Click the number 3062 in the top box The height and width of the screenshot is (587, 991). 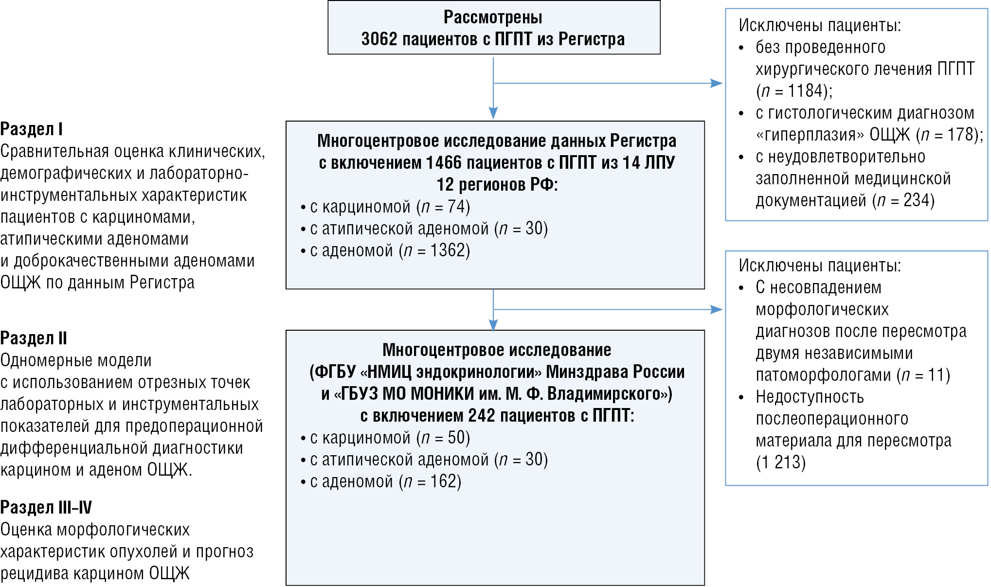click(x=379, y=39)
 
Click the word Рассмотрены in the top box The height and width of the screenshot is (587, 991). click(x=493, y=18)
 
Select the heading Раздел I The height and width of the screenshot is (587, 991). click(x=32, y=129)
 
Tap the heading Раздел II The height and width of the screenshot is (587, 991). click(x=34, y=338)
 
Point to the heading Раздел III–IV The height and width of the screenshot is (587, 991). click(x=46, y=508)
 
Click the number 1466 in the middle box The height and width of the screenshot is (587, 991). click(x=443, y=162)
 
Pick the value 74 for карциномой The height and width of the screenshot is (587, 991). click(x=457, y=207)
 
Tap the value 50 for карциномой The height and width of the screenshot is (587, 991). click(x=457, y=438)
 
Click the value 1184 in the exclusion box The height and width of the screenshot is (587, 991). click(x=808, y=91)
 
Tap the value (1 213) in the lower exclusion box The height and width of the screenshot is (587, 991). click(x=781, y=462)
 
